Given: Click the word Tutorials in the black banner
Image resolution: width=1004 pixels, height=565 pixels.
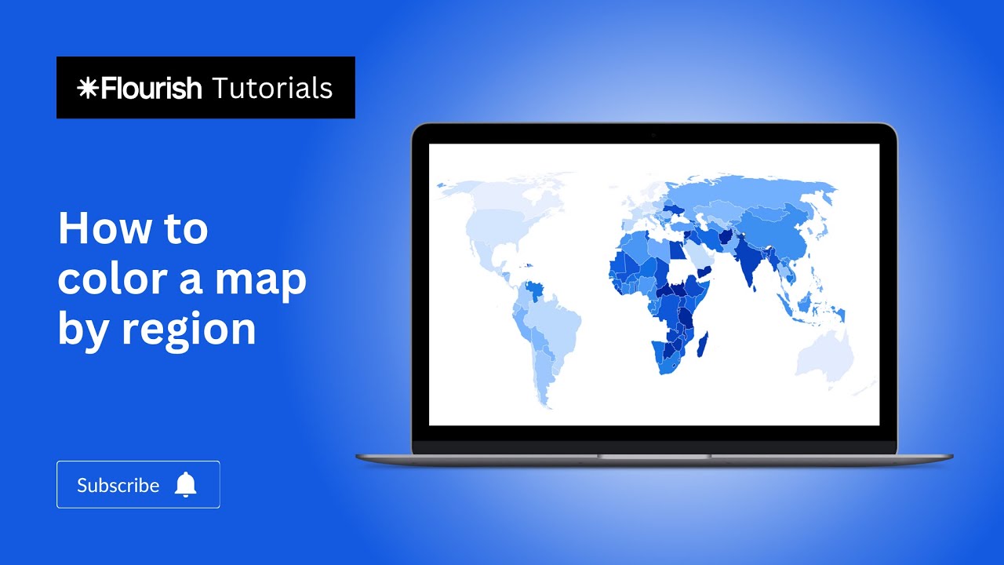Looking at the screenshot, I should (x=271, y=88).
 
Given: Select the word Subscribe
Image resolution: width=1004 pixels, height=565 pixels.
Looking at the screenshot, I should (x=118, y=486).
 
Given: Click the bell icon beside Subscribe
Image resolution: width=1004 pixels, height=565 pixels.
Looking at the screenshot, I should (x=186, y=485).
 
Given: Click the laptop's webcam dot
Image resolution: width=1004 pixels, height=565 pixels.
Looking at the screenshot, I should (x=653, y=135).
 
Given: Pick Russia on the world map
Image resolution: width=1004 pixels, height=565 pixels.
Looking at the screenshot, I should (x=753, y=196).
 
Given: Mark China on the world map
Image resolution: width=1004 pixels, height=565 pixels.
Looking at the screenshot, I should (x=784, y=235).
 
